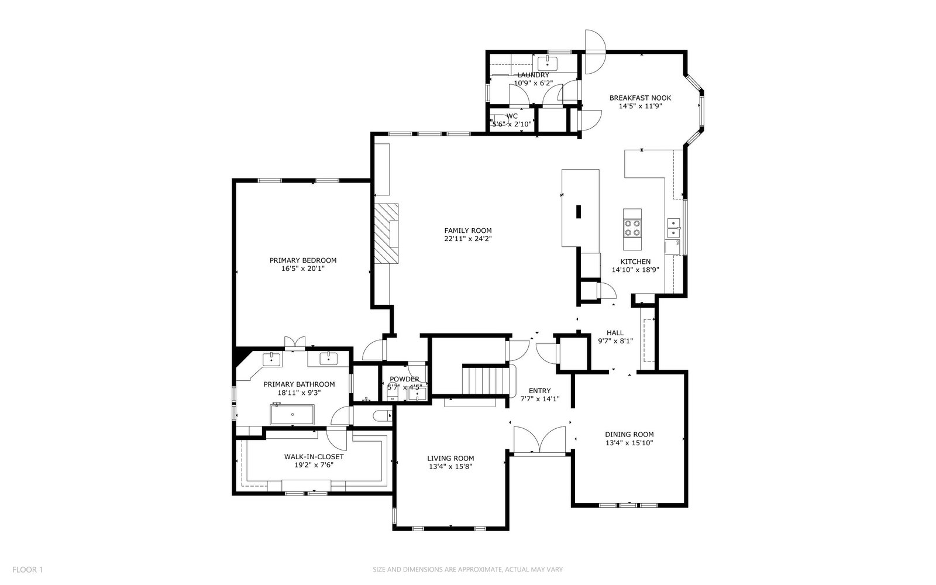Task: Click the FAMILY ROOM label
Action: (468, 230)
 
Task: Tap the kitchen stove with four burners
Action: (632, 229)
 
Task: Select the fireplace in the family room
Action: (386, 233)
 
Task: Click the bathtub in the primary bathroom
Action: (292, 415)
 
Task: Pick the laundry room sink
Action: (548, 64)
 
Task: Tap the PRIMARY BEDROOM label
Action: (303, 260)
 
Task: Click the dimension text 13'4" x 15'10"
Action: (629, 443)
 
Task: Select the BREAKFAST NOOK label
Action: (640, 98)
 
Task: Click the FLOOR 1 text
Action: (27, 570)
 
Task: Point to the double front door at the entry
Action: (539, 439)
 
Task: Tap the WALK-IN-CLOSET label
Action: (314, 457)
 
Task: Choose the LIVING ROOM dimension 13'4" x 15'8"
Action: (450, 467)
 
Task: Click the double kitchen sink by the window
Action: (673, 228)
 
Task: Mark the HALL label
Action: (615, 333)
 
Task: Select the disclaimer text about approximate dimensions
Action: (468, 570)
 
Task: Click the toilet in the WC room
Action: (499, 120)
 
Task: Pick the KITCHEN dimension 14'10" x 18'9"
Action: (635, 270)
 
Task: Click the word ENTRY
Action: (540, 391)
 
